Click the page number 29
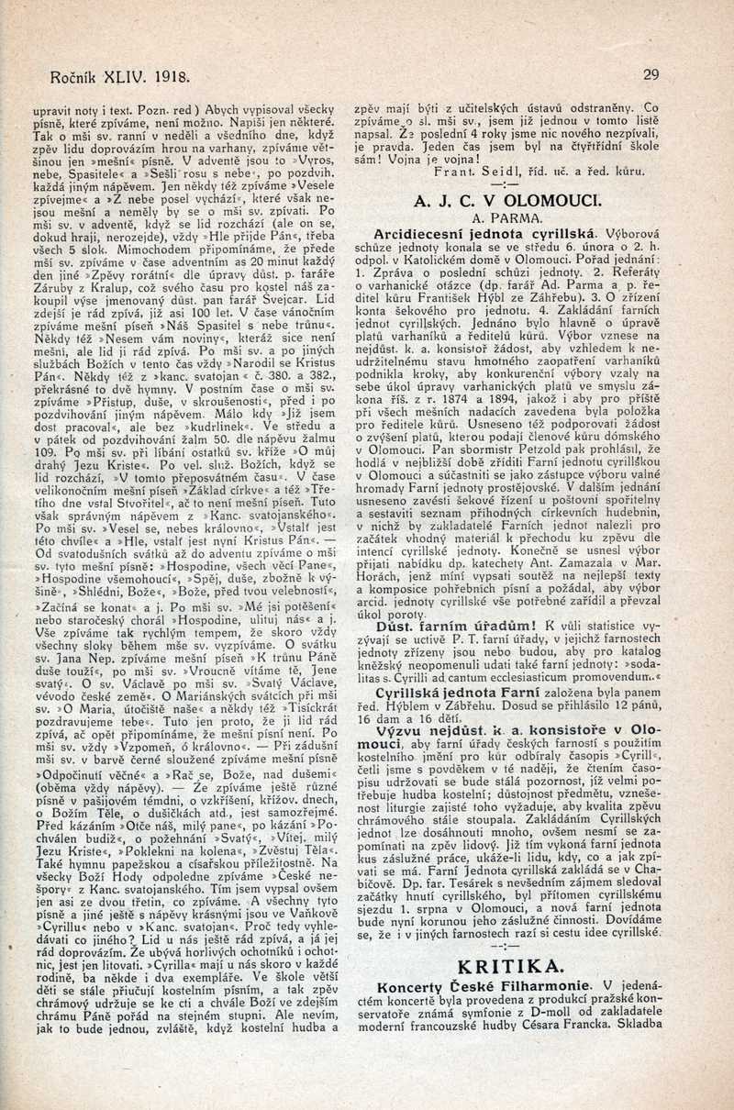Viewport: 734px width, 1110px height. tap(651, 75)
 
